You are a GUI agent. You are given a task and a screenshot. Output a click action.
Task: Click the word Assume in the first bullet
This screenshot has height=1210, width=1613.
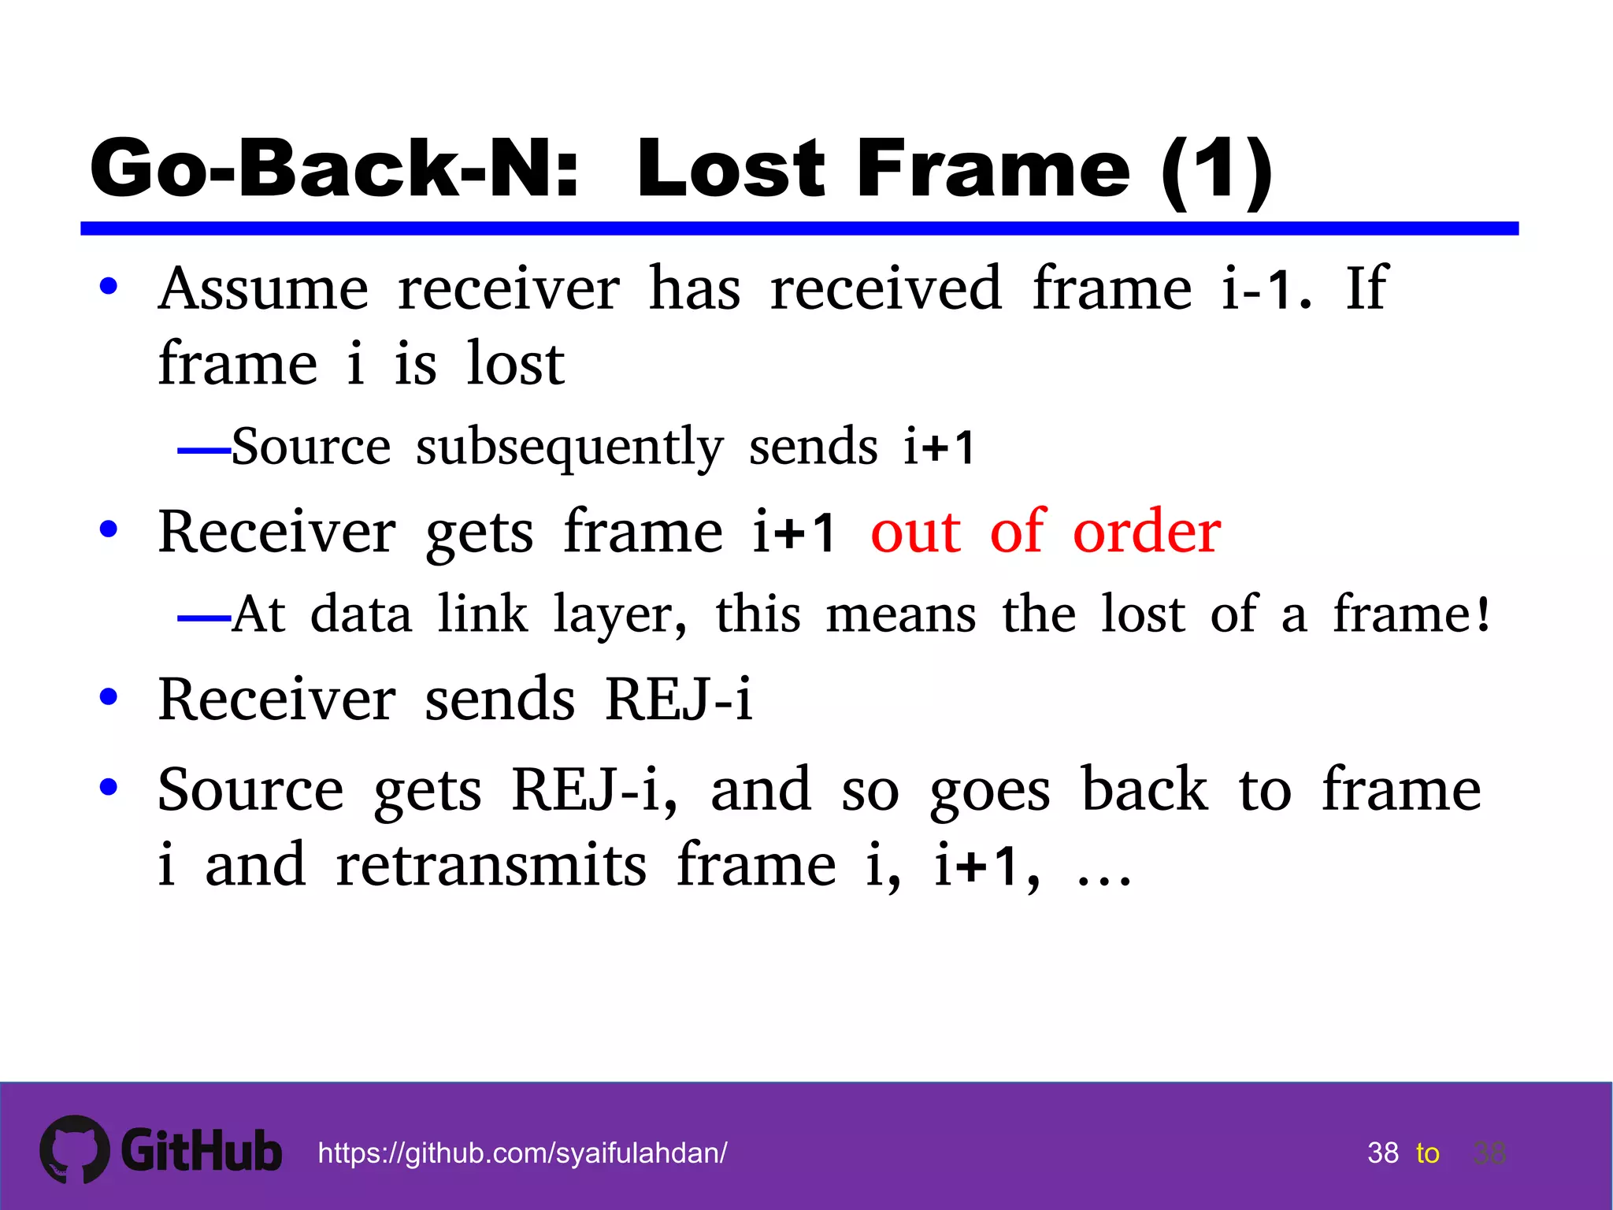pos(263,289)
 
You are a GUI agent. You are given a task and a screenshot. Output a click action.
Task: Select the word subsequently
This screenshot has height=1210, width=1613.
pos(569,447)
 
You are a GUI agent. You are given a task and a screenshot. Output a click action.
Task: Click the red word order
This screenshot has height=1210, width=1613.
pos(1147,532)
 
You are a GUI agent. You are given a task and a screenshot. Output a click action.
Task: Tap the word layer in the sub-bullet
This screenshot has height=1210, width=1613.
pos(619,615)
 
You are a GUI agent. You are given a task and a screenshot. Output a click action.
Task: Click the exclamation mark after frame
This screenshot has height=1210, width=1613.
pos(1483,615)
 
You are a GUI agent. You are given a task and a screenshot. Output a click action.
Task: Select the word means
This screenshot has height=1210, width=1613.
pos(900,615)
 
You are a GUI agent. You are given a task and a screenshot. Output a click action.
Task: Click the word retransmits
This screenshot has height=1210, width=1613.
pos(491,865)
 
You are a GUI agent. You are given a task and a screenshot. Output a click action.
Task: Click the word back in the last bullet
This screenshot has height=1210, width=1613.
pos(1144,789)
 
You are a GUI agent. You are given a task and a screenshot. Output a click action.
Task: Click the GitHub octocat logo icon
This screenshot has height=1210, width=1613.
pos(75,1149)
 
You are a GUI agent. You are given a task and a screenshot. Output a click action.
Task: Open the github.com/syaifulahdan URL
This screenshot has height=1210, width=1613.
pos(522,1153)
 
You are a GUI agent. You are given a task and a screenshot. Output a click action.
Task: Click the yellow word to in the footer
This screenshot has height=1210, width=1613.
pos(1427,1153)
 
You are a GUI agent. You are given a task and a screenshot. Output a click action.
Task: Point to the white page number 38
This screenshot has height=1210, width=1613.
pos(1383,1153)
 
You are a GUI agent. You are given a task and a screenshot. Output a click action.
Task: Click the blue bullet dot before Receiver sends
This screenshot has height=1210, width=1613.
pos(109,697)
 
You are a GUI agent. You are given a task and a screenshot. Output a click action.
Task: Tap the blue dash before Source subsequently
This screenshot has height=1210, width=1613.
pos(203,451)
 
